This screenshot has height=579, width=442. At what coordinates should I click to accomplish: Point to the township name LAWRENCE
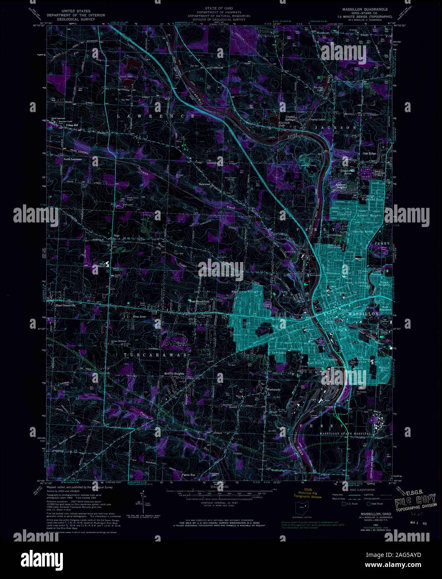tap(155, 116)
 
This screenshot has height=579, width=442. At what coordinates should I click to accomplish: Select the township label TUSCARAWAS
tap(156, 354)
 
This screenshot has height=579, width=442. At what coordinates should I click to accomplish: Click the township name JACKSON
tap(339, 127)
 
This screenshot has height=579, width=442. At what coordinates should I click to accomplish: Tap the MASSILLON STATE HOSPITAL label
tap(345, 434)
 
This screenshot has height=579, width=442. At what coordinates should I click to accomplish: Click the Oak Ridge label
tap(369, 153)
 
